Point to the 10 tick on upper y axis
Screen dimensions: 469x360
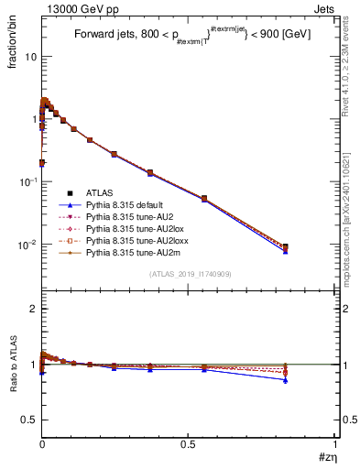pos(29,57)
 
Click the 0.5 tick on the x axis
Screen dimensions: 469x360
pos(188,445)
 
